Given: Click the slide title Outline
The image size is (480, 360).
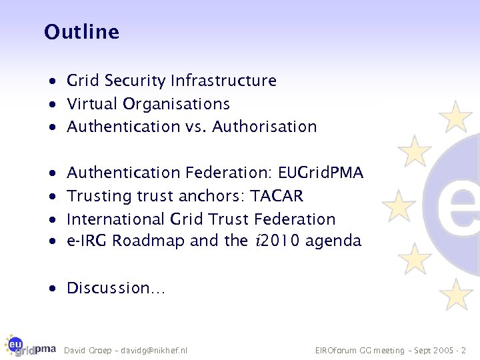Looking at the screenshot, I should (81, 32).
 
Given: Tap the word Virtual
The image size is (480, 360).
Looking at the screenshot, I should (91, 104).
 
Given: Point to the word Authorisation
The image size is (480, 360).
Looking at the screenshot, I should (265, 127).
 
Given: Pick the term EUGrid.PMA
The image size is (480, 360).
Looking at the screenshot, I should (321, 173).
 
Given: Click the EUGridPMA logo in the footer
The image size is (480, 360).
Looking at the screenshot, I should (29, 345).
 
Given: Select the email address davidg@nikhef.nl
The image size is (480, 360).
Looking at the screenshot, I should (158, 350).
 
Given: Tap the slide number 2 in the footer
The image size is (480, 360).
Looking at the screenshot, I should (464, 350).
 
